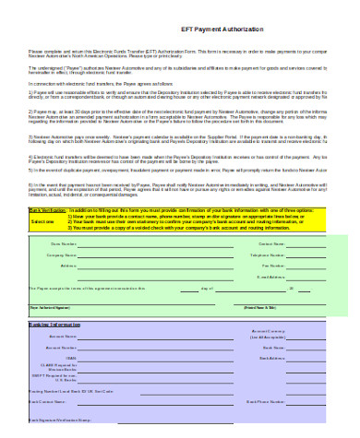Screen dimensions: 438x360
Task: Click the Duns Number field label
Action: (63, 243)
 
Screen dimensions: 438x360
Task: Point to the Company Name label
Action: (61, 255)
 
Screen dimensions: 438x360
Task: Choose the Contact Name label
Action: (270, 243)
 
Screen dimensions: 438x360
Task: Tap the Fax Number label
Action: (272, 266)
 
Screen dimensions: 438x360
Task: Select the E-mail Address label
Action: (270, 276)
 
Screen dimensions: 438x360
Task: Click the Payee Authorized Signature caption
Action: (46, 306)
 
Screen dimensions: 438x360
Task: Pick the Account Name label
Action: (63, 337)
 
